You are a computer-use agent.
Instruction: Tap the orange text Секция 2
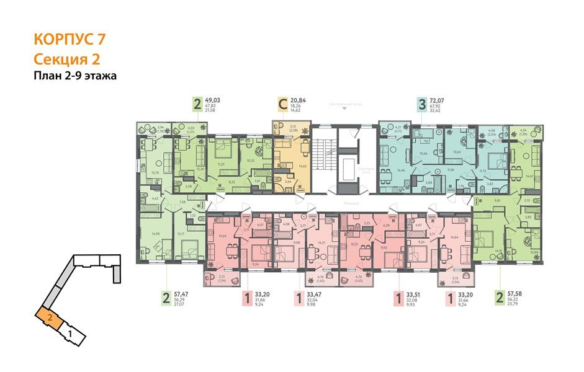65,59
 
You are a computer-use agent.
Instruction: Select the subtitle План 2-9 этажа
75,76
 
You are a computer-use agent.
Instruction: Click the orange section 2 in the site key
48,318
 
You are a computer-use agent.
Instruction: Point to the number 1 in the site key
71,334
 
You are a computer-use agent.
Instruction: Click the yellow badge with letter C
283,104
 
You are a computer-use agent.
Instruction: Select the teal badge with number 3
423,104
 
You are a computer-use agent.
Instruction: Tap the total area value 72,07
441,100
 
